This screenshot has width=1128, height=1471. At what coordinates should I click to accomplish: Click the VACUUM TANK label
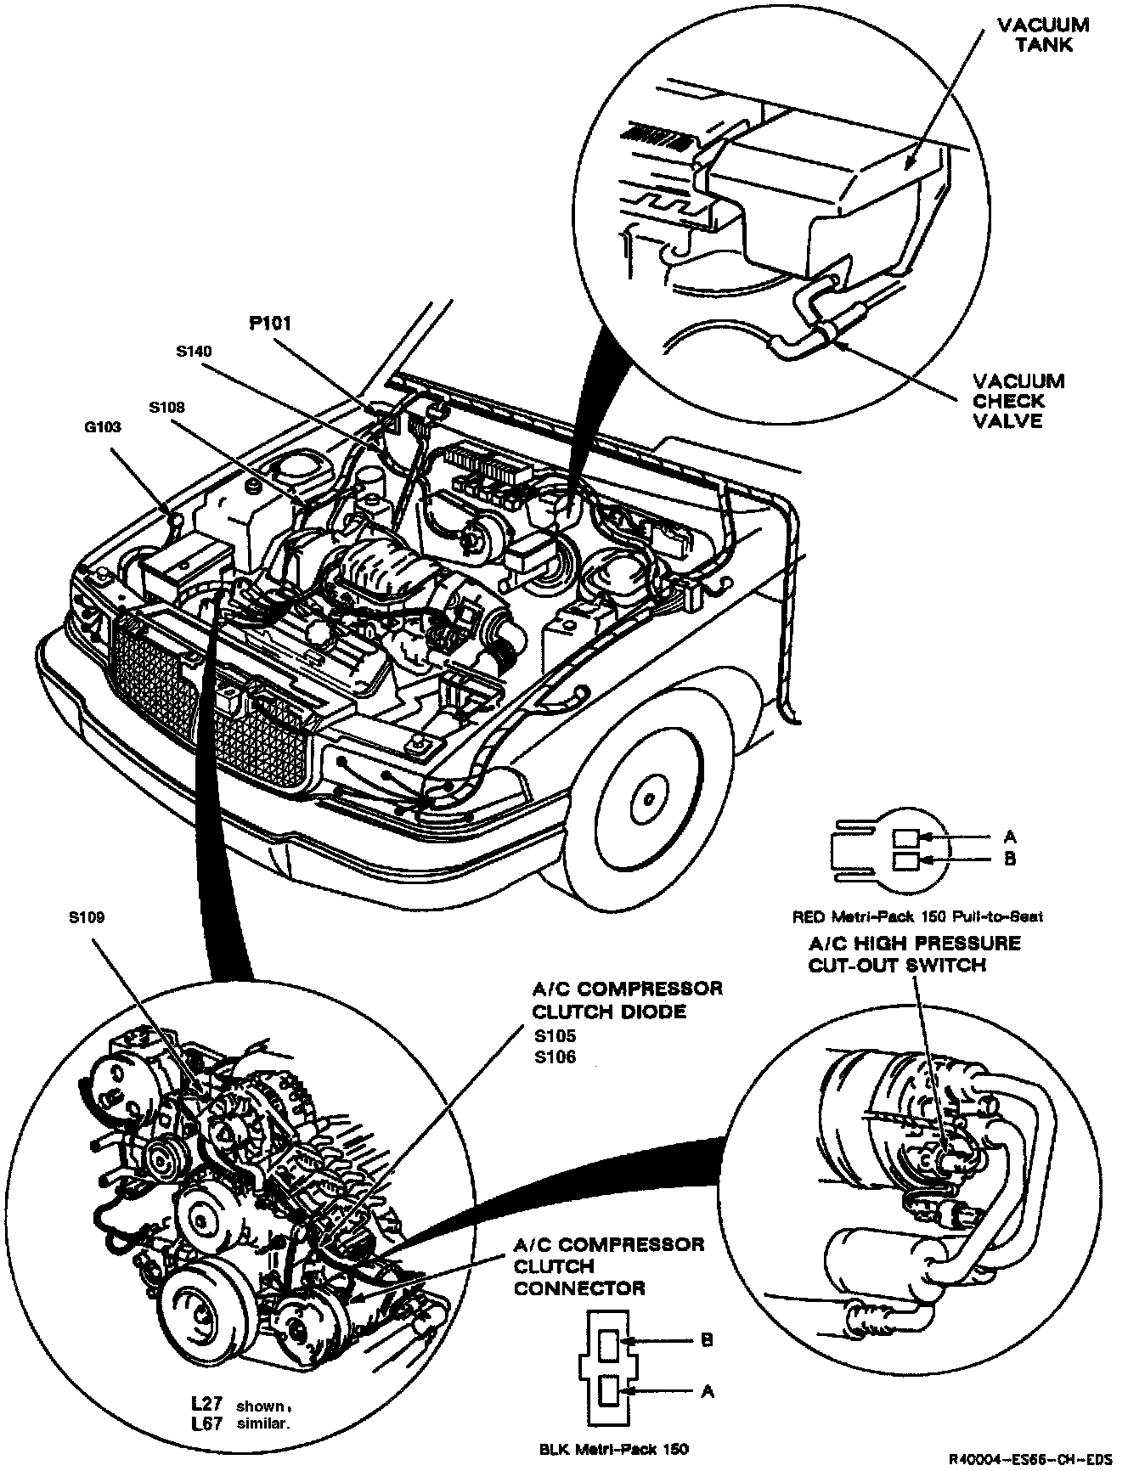coord(1044,35)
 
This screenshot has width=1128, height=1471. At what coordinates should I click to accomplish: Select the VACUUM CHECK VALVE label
coord(1018,401)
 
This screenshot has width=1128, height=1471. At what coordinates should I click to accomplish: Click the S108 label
coord(166,408)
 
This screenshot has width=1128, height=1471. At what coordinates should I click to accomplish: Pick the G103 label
coord(102,427)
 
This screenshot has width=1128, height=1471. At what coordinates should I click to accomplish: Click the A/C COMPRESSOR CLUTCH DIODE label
coord(627,1000)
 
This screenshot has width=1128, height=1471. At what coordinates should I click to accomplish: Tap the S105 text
coord(555,1036)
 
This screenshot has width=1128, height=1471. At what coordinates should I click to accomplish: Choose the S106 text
coord(555,1057)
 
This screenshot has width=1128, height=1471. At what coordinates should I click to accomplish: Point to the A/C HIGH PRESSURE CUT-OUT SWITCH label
coord(913,954)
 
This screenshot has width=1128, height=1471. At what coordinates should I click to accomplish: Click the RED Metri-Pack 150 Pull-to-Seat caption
coord(916,916)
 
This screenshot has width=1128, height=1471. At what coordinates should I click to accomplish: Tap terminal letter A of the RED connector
coord(1010,837)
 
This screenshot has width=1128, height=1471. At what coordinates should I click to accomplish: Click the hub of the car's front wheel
coord(648,799)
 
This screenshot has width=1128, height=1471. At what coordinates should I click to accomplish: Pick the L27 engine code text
coord(208,1405)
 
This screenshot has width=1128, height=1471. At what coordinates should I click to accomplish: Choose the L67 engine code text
coord(208,1424)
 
